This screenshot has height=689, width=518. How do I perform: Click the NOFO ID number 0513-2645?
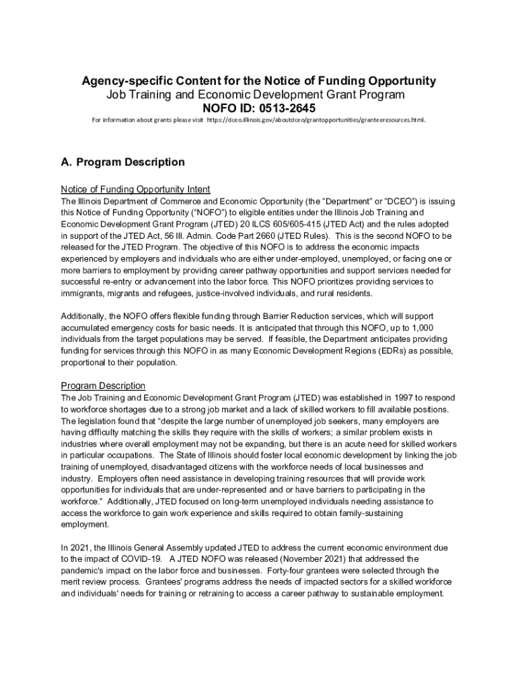(285, 108)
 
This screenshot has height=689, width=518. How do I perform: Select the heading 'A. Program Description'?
(122, 162)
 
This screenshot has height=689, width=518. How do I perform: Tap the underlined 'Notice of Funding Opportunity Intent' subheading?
(136, 188)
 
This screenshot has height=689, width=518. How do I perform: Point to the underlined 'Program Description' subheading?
(103, 386)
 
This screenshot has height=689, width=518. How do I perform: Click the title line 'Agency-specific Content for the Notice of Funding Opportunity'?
(259, 81)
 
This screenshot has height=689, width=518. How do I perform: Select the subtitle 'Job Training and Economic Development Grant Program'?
(256, 95)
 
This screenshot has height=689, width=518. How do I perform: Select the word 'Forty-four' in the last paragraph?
(289, 571)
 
